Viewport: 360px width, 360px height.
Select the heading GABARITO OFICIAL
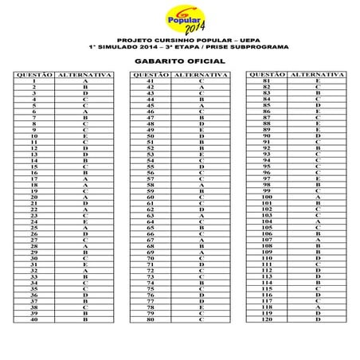(179, 60)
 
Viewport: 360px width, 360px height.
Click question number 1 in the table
(34, 81)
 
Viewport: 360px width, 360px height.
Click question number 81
(267, 81)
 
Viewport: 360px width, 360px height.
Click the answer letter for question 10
(84, 136)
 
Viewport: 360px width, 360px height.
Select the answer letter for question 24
(84, 221)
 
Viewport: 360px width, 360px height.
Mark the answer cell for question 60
(202, 197)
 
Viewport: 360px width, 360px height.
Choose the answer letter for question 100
(318, 197)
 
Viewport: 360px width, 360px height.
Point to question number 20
(34, 197)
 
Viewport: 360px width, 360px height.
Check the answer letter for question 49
(202, 130)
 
